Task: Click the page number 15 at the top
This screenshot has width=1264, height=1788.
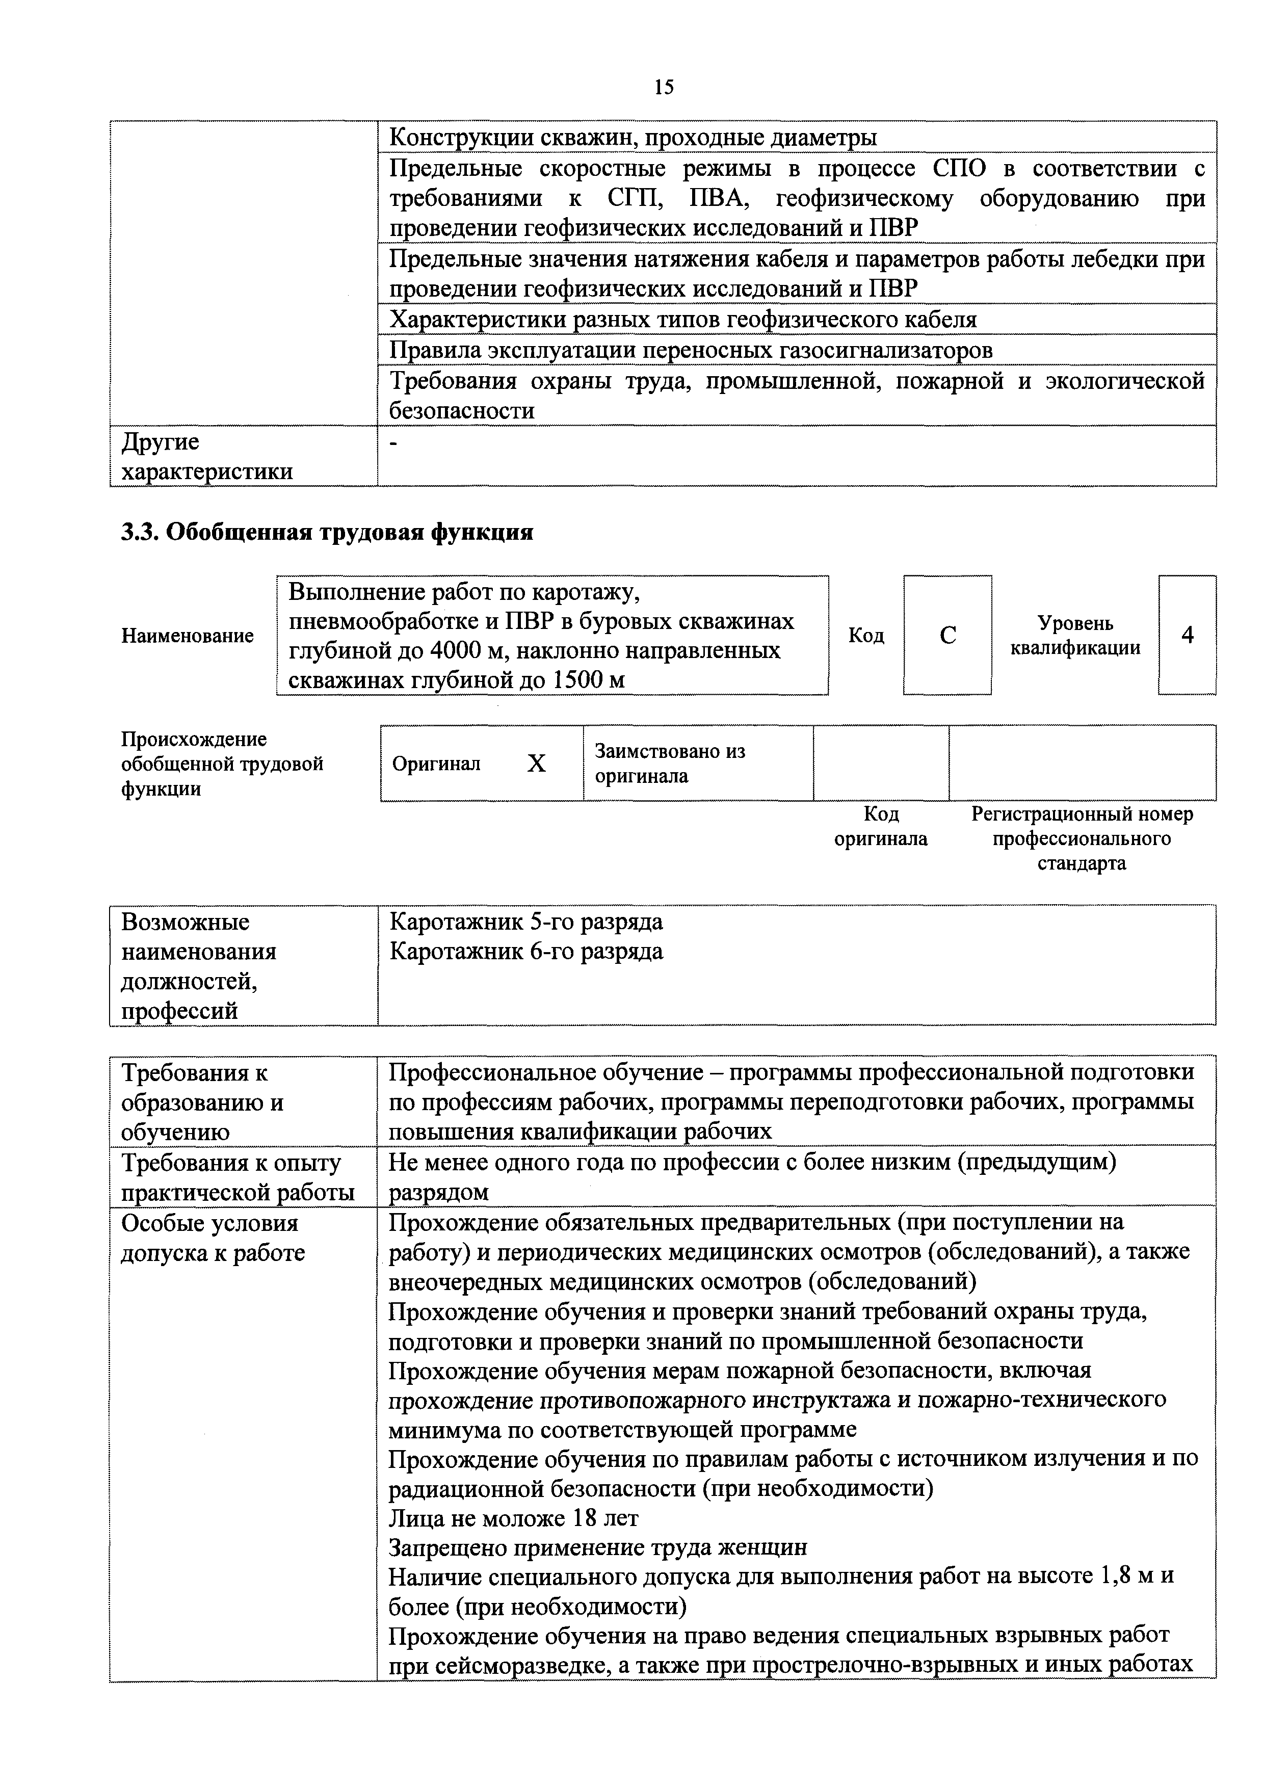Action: point(664,87)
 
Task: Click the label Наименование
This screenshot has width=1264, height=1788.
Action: point(188,636)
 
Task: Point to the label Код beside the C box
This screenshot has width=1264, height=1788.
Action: point(866,636)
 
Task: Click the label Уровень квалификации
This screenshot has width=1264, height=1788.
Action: point(1075,636)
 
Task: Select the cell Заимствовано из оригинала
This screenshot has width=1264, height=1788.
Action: point(670,763)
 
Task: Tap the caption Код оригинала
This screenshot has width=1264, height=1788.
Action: point(881,826)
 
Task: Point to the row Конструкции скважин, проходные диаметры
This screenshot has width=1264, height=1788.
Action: point(633,138)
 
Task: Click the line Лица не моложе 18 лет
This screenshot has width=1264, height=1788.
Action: point(513,1518)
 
